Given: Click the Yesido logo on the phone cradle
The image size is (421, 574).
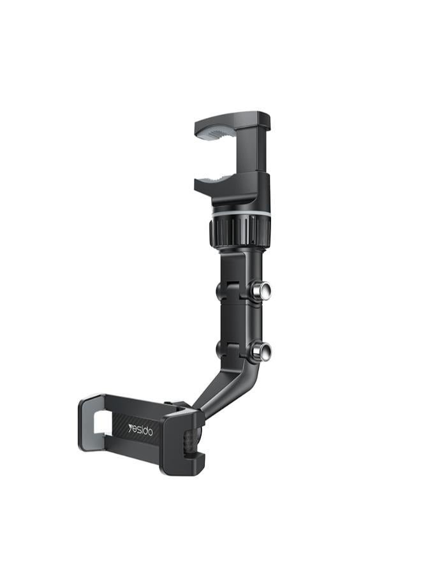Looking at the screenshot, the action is [140, 430].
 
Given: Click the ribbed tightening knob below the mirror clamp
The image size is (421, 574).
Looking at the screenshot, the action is [240, 232].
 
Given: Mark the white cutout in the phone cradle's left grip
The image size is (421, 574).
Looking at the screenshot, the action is [102, 424].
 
